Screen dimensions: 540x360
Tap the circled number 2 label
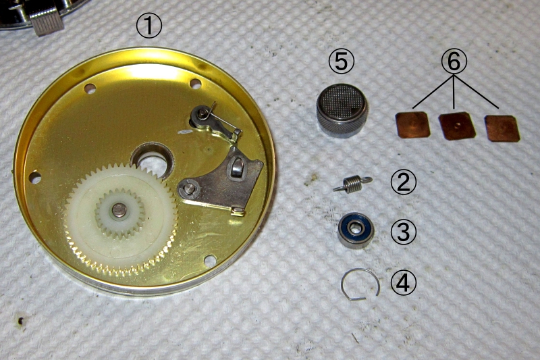403,183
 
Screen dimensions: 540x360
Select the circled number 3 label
403,232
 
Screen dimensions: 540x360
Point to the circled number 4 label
403,282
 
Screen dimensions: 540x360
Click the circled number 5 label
341,61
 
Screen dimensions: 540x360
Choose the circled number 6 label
454,61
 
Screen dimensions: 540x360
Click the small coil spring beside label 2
352,184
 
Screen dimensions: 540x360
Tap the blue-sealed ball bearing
356,230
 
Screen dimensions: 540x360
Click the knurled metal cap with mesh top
342,111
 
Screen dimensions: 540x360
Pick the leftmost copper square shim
413,125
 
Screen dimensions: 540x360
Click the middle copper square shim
457,126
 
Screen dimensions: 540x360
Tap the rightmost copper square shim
502,128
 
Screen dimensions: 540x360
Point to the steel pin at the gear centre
119,210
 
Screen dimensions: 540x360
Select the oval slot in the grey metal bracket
237,166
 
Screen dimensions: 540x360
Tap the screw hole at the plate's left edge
35,178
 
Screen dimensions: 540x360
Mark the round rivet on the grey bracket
188,188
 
